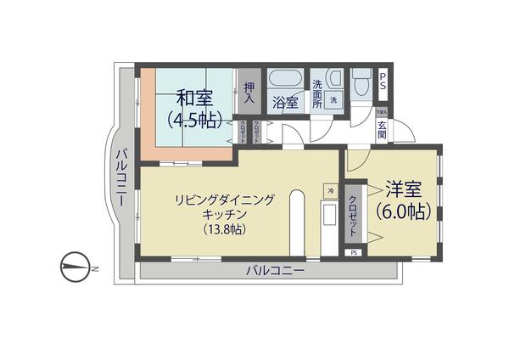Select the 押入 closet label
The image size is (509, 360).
[249, 92]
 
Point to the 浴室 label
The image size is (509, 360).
[285, 103]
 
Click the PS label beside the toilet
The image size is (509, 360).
[383, 82]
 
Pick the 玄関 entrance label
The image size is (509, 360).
[383, 131]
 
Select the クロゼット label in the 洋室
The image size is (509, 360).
[353, 217]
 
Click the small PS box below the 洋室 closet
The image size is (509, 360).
[353, 252]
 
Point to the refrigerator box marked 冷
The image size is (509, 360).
[330, 190]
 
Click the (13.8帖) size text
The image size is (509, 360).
[223, 230]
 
